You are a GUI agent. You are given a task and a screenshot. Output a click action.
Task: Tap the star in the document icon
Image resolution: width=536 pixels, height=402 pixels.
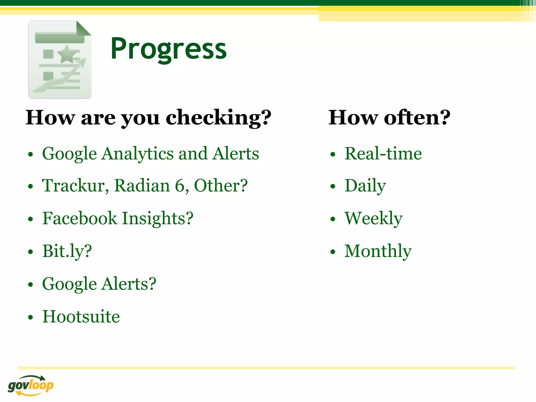point(67,54)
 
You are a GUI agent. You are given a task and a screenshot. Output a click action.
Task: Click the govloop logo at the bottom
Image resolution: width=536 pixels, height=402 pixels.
point(31,385)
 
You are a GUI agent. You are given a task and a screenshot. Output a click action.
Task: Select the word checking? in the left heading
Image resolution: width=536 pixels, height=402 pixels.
point(219,118)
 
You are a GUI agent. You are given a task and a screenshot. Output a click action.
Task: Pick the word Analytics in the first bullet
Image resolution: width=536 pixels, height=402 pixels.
point(138,154)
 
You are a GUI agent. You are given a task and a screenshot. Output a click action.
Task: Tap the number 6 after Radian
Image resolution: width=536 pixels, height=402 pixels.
point(180,186)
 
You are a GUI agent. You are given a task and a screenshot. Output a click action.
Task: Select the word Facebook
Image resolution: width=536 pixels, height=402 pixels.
point(80,218)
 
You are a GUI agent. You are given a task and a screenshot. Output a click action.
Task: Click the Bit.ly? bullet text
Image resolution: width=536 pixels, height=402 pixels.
point(67,251)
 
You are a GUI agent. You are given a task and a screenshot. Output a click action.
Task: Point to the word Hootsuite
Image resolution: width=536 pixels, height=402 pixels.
point(81,317)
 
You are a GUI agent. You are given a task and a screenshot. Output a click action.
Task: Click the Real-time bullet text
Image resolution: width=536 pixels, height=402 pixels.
point(383,154)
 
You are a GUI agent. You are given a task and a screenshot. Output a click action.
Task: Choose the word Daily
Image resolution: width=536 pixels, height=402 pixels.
point(365,186)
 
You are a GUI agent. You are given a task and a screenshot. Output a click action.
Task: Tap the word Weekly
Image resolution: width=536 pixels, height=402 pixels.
point(373,218)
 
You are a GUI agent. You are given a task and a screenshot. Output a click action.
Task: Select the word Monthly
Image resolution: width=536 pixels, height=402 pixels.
point(378,251)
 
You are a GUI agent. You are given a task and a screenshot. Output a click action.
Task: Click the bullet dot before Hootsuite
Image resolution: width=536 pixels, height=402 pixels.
point(31,317)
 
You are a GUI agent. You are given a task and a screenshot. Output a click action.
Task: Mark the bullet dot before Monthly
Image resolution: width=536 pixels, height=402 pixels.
point(333,252)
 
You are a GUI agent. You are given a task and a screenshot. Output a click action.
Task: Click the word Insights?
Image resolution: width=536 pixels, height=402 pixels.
point(158,218)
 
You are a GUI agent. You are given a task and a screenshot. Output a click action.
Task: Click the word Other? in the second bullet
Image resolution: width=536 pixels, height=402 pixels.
point(221,186)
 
